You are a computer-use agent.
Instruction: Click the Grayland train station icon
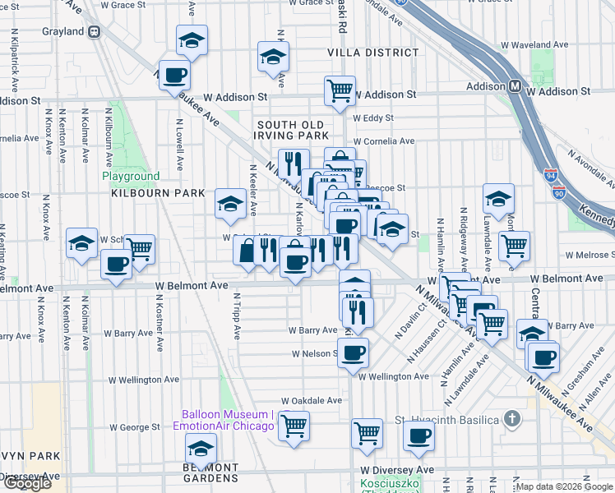pos(95,32)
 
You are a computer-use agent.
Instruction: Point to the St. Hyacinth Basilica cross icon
pos(512,420)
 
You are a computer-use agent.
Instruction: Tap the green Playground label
pos(131,177)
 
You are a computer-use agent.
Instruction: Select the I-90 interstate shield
pos(559,192)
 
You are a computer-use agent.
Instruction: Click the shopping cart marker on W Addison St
pos(340,90)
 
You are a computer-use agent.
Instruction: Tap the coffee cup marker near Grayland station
pos(173,76)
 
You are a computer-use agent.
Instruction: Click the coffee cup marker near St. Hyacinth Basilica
pos(418,435)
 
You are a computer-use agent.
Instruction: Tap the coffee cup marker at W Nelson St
pos(353,353)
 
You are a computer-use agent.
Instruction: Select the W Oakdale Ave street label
pos(311,400)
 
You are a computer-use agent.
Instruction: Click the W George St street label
pos(134,427)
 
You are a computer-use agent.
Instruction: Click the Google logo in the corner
pos(27,483)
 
